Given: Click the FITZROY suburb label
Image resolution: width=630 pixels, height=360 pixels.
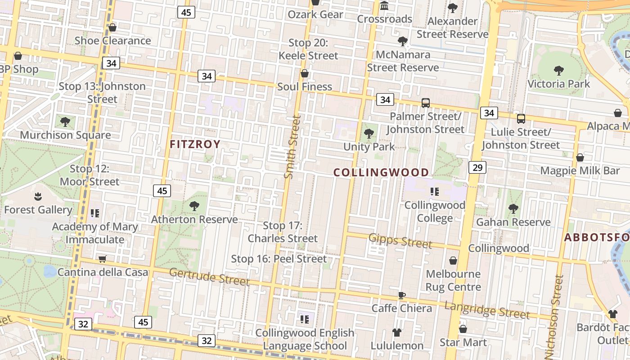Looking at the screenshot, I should coord(195,144).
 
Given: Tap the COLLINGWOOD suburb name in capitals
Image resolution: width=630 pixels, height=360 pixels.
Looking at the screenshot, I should coord(381,172).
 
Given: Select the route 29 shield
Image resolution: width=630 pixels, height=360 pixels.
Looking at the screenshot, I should coord(477,168).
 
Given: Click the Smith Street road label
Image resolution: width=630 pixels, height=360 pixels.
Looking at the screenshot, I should coord(292,147).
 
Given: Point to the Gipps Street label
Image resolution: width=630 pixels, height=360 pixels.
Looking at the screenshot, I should coord(400,241).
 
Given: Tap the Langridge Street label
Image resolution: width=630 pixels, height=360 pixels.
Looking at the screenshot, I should coord(487,310).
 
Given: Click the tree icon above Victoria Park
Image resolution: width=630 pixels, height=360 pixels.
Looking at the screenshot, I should coord(558,71).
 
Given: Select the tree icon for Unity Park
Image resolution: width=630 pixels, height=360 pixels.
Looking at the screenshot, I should coord(369,134).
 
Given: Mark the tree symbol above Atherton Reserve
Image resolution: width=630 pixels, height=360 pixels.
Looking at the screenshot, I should coord(194,206).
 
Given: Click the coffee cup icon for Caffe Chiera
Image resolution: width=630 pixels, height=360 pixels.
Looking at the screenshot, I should coord(402,295).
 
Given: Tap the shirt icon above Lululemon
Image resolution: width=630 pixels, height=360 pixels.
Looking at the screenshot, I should coord(396,333).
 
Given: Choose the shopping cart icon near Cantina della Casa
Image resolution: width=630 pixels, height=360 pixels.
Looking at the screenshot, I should coord(102,259).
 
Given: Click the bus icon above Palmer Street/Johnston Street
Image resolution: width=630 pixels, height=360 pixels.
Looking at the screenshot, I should coord(426,103).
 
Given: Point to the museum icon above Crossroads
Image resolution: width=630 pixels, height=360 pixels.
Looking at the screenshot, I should coord(384,6).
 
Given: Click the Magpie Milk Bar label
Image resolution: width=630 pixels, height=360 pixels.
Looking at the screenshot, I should coord(580,171).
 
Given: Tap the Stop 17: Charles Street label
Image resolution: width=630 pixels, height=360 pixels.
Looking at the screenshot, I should coord(283,232).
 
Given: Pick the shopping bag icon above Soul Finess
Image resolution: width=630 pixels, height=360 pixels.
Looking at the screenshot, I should coord(305,73).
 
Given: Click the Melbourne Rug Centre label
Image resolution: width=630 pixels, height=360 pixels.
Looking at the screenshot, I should coord(453,280).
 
